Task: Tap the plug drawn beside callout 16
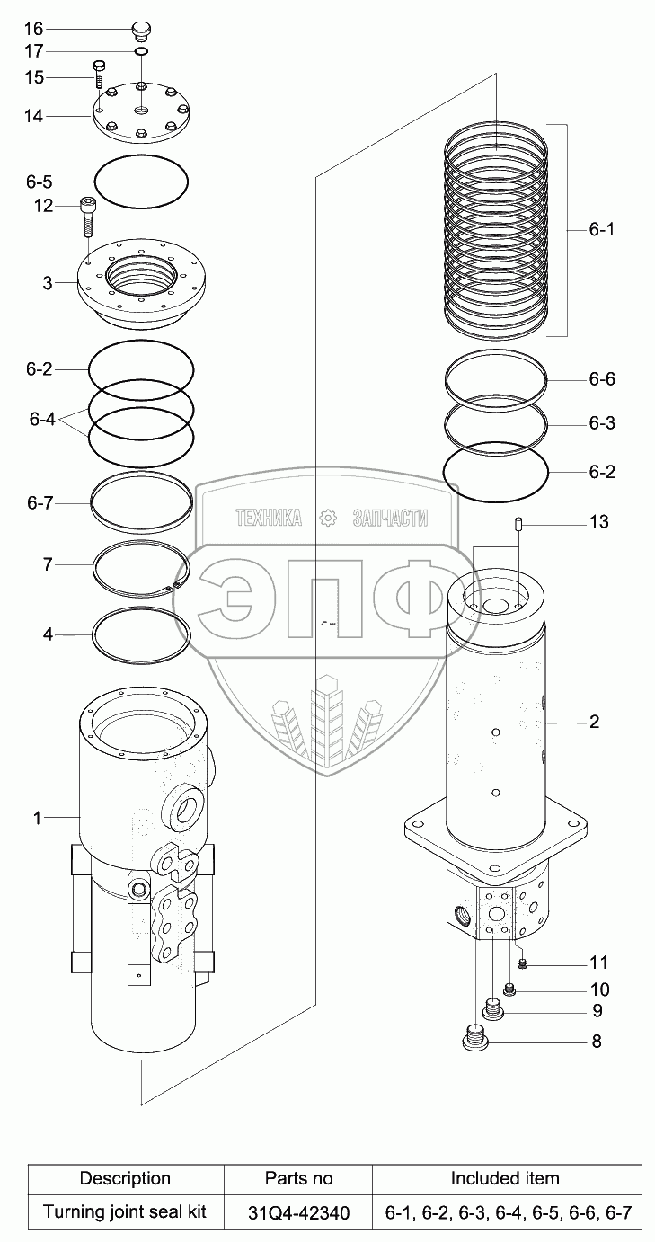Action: tap(140, 31)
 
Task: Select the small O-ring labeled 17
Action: tap(141, 53)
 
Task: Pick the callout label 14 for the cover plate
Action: tap(34, 116)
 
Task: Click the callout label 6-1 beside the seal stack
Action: tap(602, 229)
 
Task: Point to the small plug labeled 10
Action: tap(510, 989)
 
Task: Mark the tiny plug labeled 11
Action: tap(524, 964)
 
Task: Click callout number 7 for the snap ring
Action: tap(48, 564)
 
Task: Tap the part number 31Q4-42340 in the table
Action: tap(298, 1212)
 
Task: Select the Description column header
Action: tap(125, 1178)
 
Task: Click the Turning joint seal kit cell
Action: tap(125, 1212)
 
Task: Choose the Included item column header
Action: tap(505, 1178)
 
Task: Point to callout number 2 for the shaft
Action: tap(594, 722)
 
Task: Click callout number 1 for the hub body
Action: tap(37, 817)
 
